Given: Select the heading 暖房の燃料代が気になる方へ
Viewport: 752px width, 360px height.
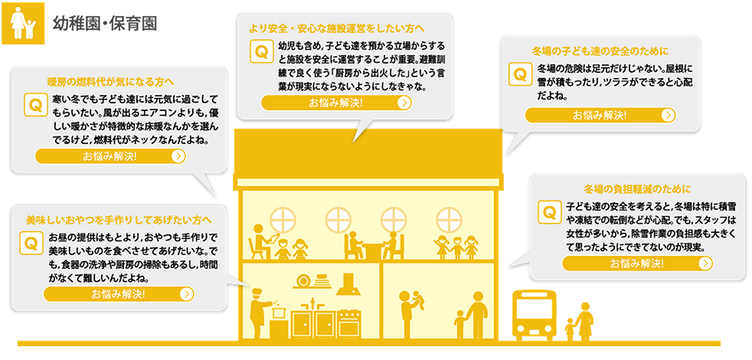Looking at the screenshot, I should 111,80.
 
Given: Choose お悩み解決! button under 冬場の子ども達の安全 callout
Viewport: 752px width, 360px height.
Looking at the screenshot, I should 600,116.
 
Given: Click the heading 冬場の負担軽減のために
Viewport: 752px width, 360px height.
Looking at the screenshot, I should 637,188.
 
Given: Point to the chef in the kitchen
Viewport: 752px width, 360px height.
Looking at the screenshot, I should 258,313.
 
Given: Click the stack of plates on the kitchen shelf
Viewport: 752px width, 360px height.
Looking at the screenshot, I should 305,281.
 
